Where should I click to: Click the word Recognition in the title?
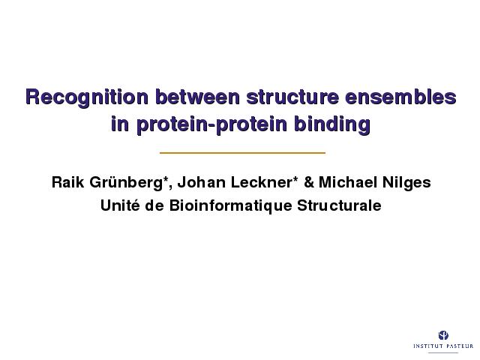point(87,97)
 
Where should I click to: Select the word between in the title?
point(197,97)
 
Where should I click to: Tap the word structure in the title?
point(292,97)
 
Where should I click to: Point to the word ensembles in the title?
point(400,97)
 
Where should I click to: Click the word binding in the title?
point(332,125)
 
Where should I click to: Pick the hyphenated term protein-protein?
point(211,125)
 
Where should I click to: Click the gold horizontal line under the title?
point(242,152)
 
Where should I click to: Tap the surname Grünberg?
point(126,183)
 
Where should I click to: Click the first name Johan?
point(202,182)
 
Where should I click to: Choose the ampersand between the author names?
point(309,182)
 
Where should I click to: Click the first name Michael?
point(348,182)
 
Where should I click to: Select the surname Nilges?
point(406,183)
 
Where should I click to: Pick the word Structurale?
point(339,205)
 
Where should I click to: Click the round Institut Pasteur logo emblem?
point(443,335)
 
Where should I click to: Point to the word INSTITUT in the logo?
point(428,346)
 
